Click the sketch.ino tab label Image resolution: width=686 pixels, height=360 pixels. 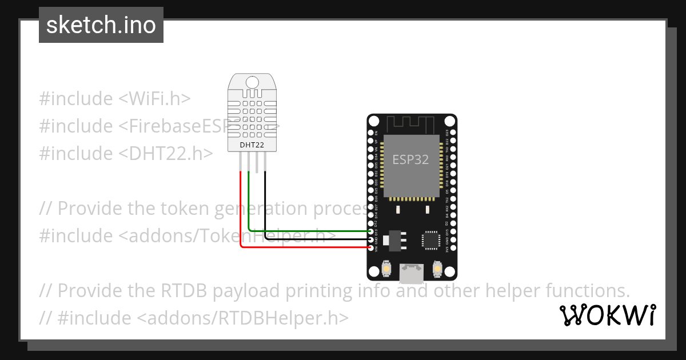click(x=101, y=25)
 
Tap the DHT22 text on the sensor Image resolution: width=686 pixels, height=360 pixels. click(x=252, y=145)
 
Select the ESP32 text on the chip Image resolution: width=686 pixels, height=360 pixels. click(x=410, y=159)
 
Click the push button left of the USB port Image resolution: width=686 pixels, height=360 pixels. click(x=386, y=269)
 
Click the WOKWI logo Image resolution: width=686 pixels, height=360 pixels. click(x=608, y=315)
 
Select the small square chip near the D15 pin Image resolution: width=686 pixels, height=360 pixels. click(x=429, y=240)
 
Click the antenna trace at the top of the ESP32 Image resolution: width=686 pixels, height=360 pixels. click(x=411, y=122)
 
